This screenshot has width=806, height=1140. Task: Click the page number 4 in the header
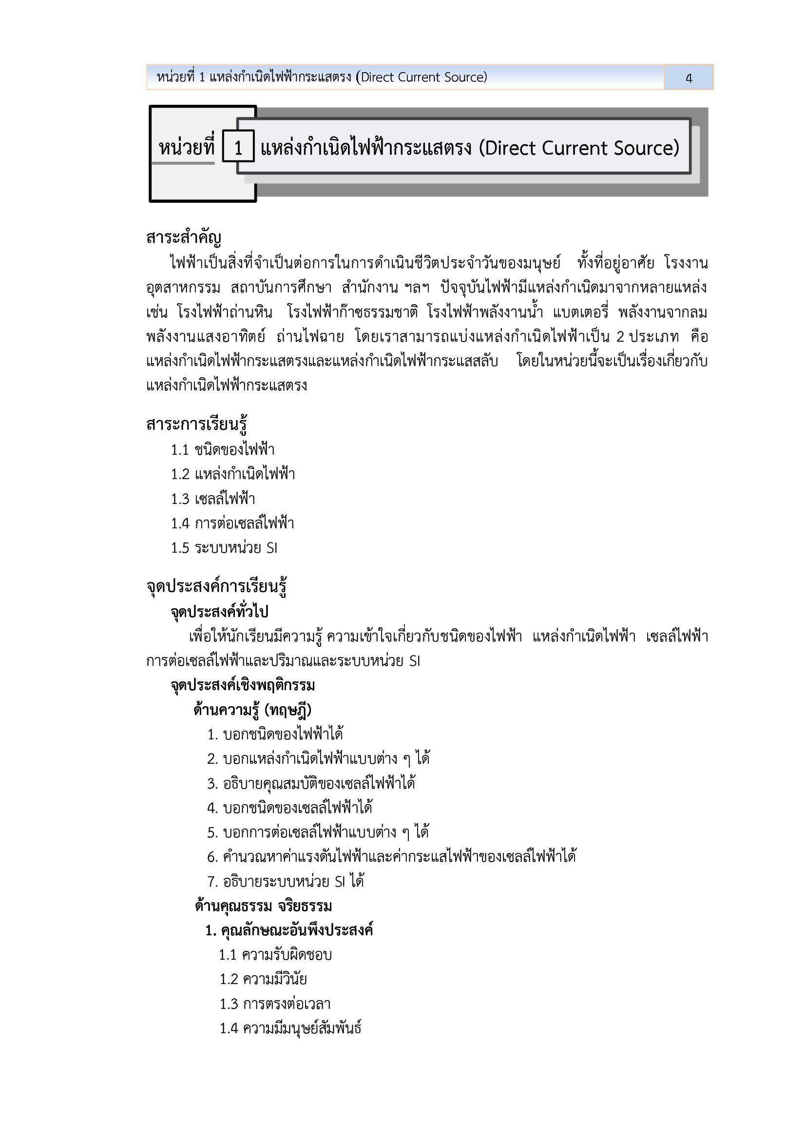pyautogui.click(x=689, y=78)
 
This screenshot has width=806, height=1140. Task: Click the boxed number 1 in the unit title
pyautogui.click(x=238, y=148)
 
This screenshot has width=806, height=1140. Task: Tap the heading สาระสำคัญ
pyautogui.click(x=184, y=238)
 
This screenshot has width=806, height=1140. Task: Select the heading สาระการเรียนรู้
pyautogui.click(x=196, y=425)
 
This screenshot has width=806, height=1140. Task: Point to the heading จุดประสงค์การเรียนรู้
pyautogui.click(x=216, y=586)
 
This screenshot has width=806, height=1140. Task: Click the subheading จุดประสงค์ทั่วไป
pyautogui.click(x=219, y=612)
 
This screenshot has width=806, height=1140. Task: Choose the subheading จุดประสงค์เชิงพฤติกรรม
pyautogui.click(x=242, y=686)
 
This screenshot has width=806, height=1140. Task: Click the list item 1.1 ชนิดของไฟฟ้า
pyautogui.click(x=223, y=450)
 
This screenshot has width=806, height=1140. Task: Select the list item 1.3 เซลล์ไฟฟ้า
pyautogui.click(x=213, y=499)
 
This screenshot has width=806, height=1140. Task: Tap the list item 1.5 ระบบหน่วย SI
pyautogui.click(x=224, y=548)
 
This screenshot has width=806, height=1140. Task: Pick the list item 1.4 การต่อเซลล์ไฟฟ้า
pyautogui.click(x=232, y=523)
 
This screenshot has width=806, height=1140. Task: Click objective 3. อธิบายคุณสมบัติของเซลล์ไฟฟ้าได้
pyautogui.click(x=311, y=784)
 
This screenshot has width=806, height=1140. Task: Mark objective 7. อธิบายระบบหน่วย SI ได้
pyautogui.click(x=286, y=881)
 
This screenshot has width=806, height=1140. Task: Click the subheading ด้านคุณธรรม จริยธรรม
pyautogui.click(x=263, y=906)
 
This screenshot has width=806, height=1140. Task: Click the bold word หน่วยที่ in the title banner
pyautogui.click(x=186, y=148)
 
